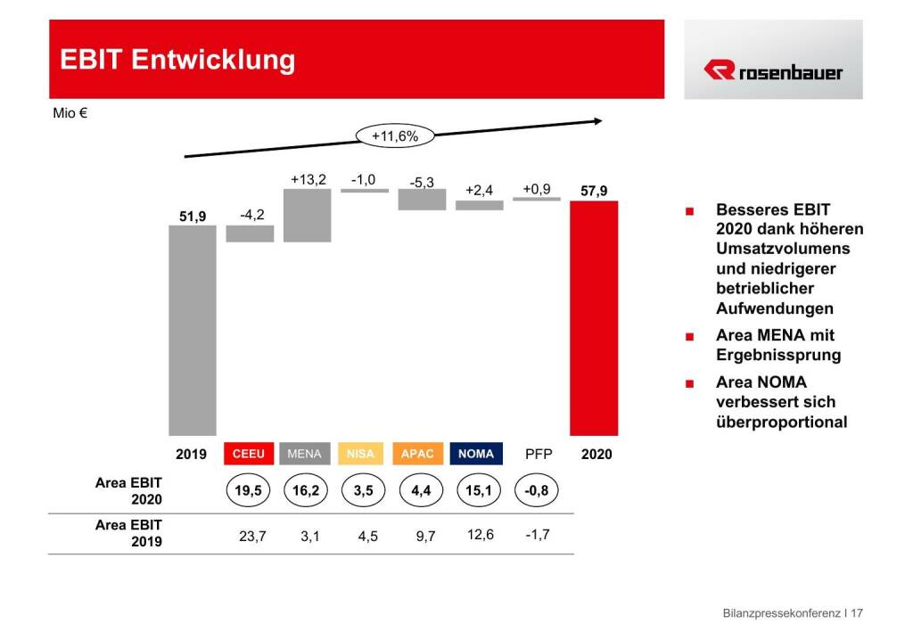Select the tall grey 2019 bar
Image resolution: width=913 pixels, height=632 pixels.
(193, 330)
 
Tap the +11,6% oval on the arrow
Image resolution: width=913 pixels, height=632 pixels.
(394, 136)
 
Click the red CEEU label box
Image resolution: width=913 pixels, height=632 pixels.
(249, 454)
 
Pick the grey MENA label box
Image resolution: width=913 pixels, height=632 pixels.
(304, 454)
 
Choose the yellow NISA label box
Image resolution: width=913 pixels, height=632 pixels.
(360, 454)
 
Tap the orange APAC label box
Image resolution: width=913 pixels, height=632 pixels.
(417, 454)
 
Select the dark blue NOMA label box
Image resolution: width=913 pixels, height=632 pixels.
(476, 454)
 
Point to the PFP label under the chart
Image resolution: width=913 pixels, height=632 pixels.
(539, 454)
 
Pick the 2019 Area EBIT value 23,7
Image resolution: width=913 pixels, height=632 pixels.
(249, 537)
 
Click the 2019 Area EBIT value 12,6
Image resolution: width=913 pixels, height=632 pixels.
(479, 535)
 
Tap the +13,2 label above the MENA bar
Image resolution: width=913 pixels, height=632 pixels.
(308, 180)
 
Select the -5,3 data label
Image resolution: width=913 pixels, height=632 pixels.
(422, 183)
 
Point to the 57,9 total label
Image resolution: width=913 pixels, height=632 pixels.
(596, 190)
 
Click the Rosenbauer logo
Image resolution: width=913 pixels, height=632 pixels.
(773, 70)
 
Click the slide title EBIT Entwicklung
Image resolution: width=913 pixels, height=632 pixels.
(177, 60)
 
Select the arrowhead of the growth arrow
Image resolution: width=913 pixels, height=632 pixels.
(597, 120)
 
